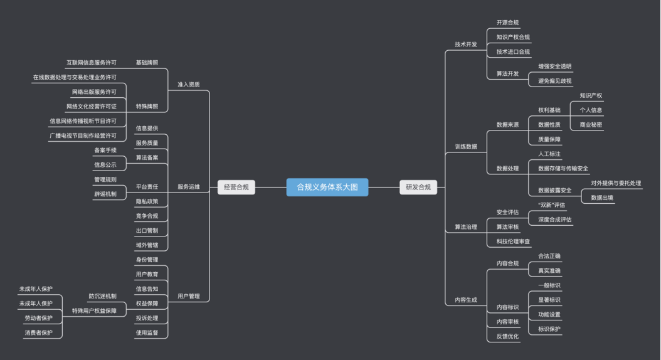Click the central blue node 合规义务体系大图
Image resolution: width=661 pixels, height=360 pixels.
click(327, 187)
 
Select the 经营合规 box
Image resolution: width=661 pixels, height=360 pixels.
click(236, 187)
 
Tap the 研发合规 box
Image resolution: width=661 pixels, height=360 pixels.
click(418, 187)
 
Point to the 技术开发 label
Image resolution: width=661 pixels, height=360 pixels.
click(466, 45)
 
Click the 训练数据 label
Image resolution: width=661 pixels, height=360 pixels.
click(466, 147)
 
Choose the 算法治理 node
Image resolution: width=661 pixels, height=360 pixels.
click(466, 226)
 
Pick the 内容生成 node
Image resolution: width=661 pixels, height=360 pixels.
click(466, 300)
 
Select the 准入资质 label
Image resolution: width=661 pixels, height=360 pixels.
click(189, 84)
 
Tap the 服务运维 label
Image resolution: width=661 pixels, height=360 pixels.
click(189, 186)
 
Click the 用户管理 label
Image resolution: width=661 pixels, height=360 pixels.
click(189, 296)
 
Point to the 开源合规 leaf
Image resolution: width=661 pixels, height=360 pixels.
click(507, 23)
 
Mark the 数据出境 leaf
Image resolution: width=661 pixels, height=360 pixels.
click(602, 198)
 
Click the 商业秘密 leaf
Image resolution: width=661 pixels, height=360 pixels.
click(591, 125)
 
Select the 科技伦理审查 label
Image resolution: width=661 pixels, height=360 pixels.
click(513, 241)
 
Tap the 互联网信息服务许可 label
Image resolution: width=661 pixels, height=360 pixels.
click(92, 63)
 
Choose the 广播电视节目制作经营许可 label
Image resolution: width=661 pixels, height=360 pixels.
click(83, 135)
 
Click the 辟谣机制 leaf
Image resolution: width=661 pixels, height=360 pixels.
click(105, 194)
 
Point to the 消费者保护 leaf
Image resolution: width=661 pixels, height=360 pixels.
click(39, 332)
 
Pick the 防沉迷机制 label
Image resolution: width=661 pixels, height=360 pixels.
click(102, 296)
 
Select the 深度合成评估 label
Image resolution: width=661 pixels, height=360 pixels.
click(555, 220)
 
